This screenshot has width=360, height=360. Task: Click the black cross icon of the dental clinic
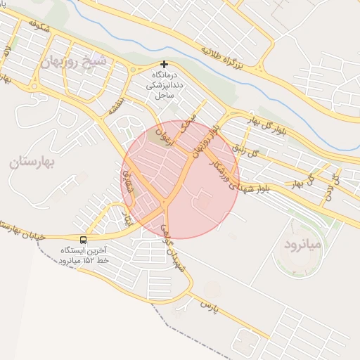(x=165, y=65)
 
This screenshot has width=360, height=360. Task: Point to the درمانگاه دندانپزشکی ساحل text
(x=164, y=84)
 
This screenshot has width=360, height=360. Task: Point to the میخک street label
(x=188, y=124)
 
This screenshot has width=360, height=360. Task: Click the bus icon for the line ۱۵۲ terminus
(x=84, y=239)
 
